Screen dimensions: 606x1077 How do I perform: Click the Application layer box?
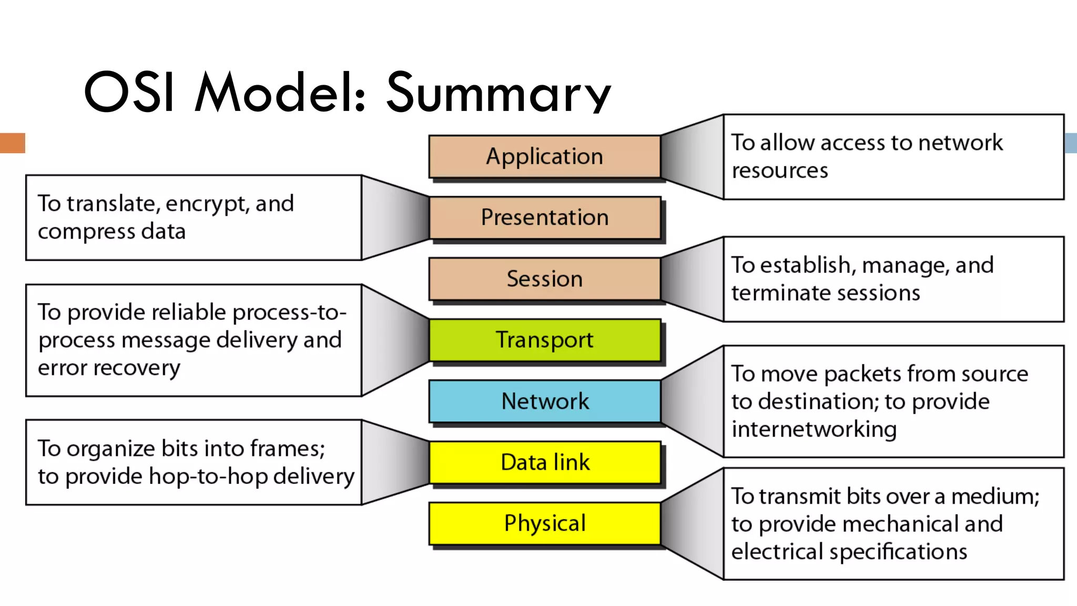544,157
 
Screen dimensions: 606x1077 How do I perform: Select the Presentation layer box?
544,218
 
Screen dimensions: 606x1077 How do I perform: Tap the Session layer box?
544,279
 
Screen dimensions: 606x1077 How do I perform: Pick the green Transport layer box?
544,340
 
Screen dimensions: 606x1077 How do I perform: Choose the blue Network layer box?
544,401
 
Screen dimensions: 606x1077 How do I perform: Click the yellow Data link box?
544,462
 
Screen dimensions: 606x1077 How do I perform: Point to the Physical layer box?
544,523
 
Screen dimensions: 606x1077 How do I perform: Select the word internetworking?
814,429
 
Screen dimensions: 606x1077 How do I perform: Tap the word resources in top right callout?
779,171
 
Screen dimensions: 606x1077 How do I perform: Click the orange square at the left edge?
12,143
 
